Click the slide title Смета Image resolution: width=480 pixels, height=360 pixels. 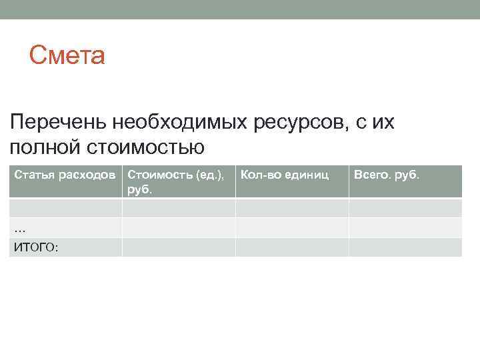tap(67, 56)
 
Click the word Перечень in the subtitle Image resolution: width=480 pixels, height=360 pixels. tap(58, 122)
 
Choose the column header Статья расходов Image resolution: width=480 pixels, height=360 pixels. tap(65, 175)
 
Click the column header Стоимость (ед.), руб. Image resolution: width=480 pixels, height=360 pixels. tap(176, 181)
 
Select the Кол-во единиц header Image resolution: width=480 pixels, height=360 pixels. tap(285, 175)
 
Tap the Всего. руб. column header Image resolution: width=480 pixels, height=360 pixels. tap(387, 175)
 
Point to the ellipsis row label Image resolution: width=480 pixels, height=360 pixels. tap(20, 228)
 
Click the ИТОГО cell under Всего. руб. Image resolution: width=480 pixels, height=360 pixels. tap(405, 247)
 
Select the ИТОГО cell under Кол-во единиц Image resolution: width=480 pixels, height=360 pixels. tap(292, 247)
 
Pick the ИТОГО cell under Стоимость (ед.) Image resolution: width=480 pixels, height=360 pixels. tap(179, 247)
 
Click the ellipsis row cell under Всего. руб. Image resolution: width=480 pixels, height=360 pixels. tap(405, 227)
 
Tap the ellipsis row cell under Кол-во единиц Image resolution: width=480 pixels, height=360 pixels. tap(292, 227)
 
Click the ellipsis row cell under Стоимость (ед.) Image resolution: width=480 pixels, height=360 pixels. tap(179, 227)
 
